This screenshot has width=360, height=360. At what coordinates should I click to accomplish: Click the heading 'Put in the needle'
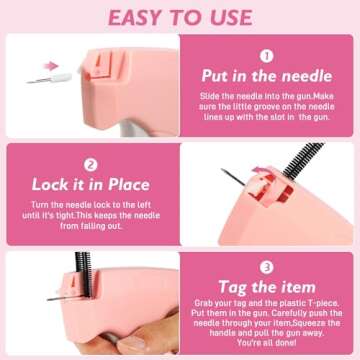(x=267, y=76)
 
